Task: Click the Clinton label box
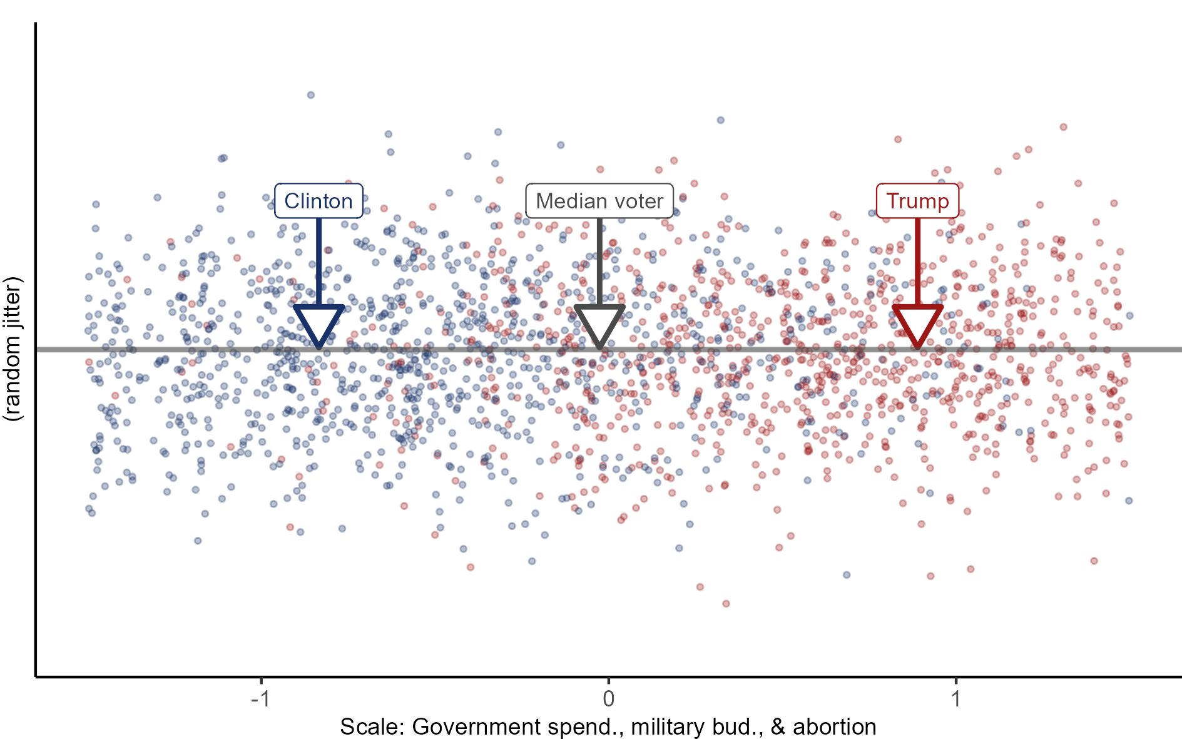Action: pos(318,201)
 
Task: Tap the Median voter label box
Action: pos(599,201)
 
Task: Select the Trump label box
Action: pos(917,201)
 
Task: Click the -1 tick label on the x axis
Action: pos(260,698)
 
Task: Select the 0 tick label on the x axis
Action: pos(608,698)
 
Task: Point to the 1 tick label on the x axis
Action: pos(955,698)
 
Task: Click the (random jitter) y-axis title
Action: pos(13,349)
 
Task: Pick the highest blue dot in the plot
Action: pos(310,95)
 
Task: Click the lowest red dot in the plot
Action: pos(726,604)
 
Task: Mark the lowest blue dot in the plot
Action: pos(847,574)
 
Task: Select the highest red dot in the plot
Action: pos(1063,127)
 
